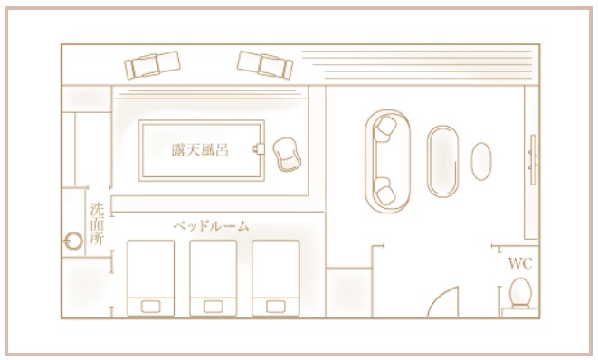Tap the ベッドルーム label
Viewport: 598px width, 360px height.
[211, 225]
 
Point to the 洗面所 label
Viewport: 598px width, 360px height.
[97, 221]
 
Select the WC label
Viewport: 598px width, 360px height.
[519, 264]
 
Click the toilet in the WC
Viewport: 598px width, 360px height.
[520, 293]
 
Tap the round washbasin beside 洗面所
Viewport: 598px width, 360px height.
[73, 242]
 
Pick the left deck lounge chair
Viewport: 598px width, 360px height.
[153, 64]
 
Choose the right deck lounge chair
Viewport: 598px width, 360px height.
[264, 62]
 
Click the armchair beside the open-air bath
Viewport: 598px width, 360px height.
[288, 155]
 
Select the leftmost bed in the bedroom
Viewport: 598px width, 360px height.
[151, 278]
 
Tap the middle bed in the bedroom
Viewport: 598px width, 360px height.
[214, 278]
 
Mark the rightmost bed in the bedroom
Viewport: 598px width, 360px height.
[275, 278]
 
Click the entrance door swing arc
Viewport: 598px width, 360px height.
[444, 299]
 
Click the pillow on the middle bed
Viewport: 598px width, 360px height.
[214, 304]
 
